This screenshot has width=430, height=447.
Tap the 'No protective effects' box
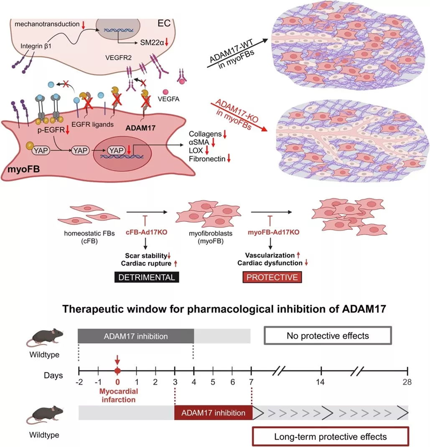click(328, 335)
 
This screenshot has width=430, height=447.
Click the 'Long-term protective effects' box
click(330, 437)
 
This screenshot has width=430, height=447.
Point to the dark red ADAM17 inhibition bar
click(213, 413)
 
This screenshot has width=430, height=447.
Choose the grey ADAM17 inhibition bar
click(135, 335)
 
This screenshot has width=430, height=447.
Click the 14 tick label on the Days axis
click(321, 382)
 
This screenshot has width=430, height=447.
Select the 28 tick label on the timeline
click(406, 382)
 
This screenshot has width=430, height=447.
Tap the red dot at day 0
click(117, 371)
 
